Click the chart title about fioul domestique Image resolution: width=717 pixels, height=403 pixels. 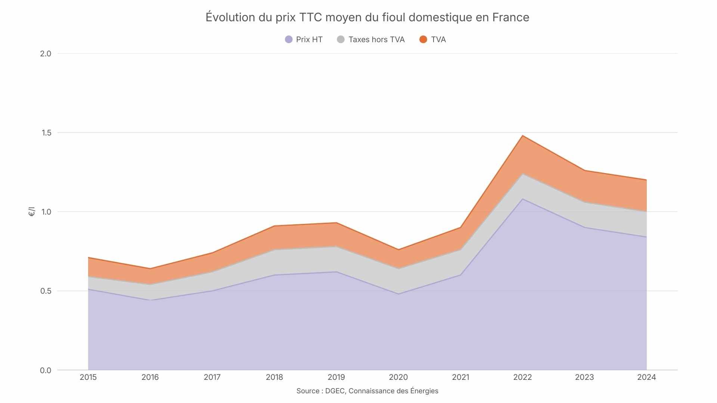367,17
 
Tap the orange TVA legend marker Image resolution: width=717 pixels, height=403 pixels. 423,40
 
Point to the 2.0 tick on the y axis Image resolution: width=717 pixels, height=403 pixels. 46,53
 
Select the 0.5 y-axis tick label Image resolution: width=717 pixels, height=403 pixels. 46,291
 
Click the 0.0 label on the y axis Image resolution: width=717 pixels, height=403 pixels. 46,370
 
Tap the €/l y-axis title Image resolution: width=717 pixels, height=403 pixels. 32,212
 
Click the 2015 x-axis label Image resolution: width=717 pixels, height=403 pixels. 88,377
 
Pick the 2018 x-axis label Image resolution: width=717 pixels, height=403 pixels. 274,377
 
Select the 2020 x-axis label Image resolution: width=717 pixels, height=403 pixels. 398,377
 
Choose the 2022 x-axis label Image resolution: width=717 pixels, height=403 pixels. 522,377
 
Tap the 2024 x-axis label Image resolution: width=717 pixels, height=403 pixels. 646,377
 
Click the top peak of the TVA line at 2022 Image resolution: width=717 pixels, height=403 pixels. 522,136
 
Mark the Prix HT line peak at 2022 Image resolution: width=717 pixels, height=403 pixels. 522,199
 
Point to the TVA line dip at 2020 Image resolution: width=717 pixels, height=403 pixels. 398,250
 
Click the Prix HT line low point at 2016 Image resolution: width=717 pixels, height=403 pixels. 150,300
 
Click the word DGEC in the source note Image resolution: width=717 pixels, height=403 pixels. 335,391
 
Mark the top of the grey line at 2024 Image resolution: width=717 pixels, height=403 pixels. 646,212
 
